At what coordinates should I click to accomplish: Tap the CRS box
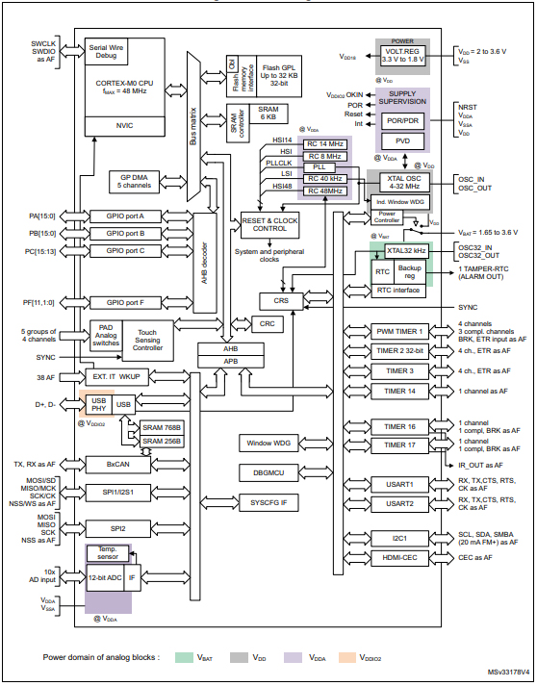tap(280, 300)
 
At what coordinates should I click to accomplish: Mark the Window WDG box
tap(268, 442)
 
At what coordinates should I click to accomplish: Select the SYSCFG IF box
tap(268, 503)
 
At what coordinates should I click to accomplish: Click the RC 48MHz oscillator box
tap(324, 191)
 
